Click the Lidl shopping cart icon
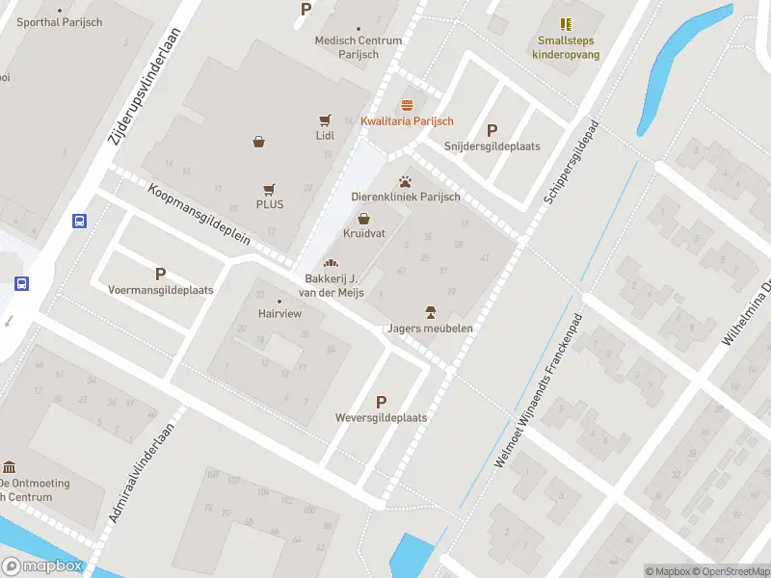[325, 120]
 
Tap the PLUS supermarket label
[269, 204]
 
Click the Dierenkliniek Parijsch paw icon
[405, 180]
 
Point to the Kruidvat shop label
[362, 234]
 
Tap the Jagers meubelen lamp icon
[430, 311]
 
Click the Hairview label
[280, 314]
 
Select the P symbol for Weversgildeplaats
[381, 402]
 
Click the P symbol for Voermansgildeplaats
[160, 274]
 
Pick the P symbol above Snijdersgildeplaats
[492, 130]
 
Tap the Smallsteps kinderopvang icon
[566, 24]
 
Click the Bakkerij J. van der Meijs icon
[331, 262]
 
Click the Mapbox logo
[42, 566]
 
